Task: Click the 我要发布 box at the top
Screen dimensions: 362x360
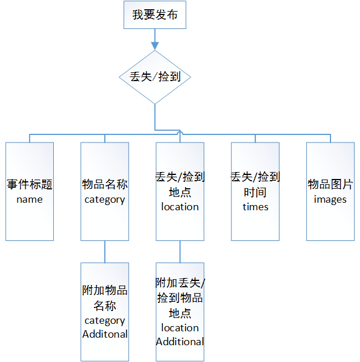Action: (x=155, y=15)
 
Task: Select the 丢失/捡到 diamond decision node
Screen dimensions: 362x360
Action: (x=155, y=77)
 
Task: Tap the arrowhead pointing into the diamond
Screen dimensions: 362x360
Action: (x=155, y=45)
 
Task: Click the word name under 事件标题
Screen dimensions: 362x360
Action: (x=30, y=199)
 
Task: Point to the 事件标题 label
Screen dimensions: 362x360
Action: (x=30, y=185)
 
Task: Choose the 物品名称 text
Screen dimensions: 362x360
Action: (x=105, y=185)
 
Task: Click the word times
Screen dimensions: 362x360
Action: (x=255, y=206)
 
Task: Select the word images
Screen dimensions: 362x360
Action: (x=330, y=199)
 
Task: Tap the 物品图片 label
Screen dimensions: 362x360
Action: (x=330, y=185)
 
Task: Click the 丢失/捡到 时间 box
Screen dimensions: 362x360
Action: (x=255, y=191)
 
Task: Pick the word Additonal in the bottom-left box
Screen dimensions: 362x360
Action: (x=105, y=334)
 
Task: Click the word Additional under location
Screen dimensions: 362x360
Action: (x=180, y=342)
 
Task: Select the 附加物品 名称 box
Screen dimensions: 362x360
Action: (x=105, y=312)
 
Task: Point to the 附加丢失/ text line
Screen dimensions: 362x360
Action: (x=180, y=284)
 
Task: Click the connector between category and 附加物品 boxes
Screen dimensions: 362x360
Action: (x=105, y=251)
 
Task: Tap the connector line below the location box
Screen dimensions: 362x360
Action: (x=180, y=251)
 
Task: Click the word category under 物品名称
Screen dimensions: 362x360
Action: (x=105, y=200)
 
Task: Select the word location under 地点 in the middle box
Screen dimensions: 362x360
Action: (x=180, y=207)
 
